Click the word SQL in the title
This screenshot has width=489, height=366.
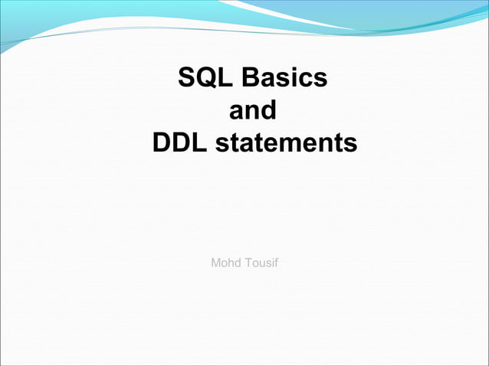204,78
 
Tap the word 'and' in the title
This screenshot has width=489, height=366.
253,111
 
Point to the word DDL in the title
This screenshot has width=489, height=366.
180,143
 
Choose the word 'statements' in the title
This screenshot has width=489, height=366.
286,143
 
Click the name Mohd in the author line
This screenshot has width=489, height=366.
225,263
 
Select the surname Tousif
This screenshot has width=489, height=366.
261,263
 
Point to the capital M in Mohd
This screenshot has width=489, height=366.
216,263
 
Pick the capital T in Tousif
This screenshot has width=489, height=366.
248,263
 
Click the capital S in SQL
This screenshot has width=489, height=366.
186,78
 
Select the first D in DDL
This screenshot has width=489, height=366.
161,143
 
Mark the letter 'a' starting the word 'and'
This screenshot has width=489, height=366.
237,112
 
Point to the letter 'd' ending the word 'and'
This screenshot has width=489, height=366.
268,111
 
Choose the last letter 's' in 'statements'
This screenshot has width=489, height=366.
350,144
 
